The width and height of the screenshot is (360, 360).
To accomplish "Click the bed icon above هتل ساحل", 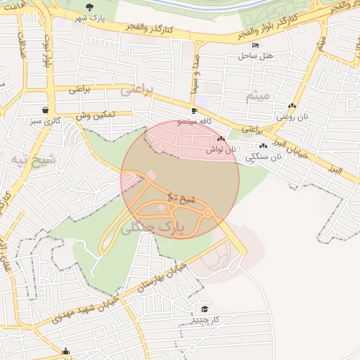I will (255, 45).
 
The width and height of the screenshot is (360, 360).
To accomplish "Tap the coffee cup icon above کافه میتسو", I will (194, 111).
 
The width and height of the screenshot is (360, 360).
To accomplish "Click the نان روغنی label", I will (291, 116).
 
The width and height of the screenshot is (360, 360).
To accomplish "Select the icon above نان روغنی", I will (291, 106).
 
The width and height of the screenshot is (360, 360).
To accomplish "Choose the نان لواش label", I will (220, 149).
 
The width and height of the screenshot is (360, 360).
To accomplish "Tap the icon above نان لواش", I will (221, 139).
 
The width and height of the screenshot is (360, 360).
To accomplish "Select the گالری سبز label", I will (45, 121).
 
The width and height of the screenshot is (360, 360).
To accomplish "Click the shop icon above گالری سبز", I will (46, 110).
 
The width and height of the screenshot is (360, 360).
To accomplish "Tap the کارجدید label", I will (205, 320).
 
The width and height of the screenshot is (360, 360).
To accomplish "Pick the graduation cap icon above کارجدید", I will (205, 309).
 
